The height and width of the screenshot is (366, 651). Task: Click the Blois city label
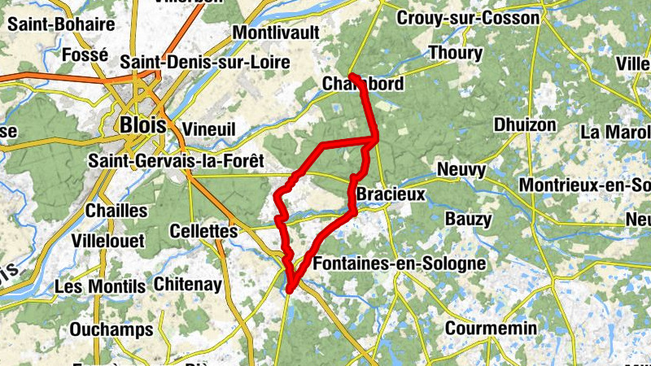[x=142, y=125]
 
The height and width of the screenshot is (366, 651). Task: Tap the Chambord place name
[x=362, y=84]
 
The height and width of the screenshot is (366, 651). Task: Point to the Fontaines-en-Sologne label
[x=399, y=264]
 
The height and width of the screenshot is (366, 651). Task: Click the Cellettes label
[x=203, y=232]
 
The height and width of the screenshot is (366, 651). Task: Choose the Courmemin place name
[x=491, y=328]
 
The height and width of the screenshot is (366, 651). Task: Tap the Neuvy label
[x=461, y=170]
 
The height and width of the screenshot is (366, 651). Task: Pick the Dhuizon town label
[x=525, y=125]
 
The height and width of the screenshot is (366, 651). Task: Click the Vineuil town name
[x=209, y=129]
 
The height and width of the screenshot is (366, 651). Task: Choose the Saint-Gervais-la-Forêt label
[x=177, y=161]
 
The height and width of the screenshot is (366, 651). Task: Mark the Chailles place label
[x=116, y=211]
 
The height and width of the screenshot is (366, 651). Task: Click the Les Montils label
[x=100, y=286]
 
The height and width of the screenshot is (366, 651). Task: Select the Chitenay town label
[x=187, y=284]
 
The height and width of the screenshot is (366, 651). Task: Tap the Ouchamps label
[x=111, y=329]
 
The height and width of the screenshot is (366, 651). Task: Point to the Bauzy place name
[x=468, y=219]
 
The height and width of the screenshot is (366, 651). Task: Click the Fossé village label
[x=85, y=54]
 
